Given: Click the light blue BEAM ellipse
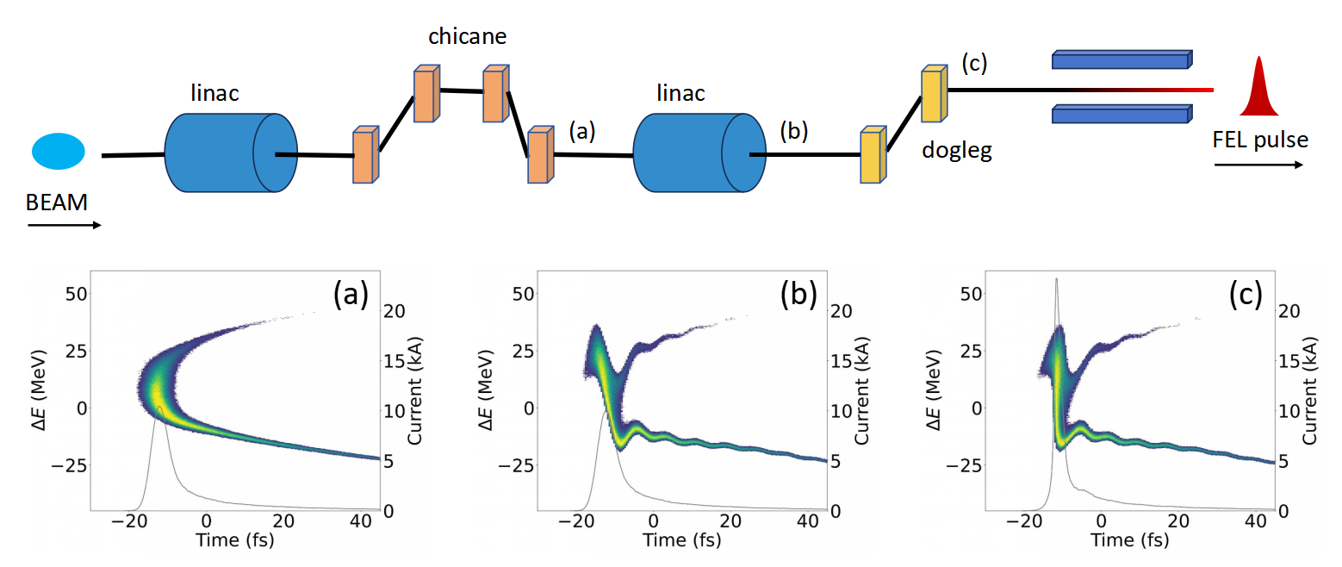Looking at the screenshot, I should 59,151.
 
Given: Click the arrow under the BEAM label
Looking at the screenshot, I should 65,226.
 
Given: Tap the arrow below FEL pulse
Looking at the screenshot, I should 1258,164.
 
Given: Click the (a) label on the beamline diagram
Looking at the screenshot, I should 583,131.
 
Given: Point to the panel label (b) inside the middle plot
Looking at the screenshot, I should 798,296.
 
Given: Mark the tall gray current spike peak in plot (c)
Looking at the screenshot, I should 1056,278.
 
